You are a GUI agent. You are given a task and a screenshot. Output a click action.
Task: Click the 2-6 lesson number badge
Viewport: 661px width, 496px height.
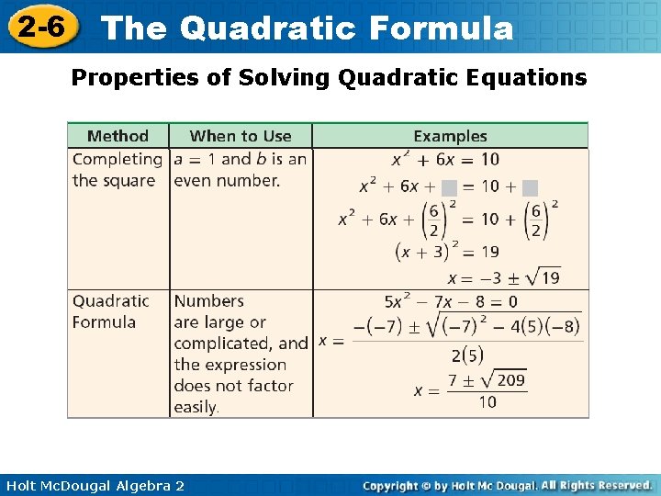[x=40, y=28]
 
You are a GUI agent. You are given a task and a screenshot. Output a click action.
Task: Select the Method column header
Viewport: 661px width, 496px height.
[x=118, y=136]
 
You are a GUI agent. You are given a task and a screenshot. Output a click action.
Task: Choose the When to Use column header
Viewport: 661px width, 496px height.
[x=241, y=136]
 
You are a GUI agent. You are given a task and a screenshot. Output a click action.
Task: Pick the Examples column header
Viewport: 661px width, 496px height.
[x=450, y=136]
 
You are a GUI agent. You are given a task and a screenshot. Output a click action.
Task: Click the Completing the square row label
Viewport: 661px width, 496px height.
[x=117, y=170]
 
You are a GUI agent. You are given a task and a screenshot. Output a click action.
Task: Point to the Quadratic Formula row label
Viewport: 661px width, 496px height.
[x=110, y=311]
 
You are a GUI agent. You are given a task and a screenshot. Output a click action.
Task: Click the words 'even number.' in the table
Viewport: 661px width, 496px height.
[x=227, y=180]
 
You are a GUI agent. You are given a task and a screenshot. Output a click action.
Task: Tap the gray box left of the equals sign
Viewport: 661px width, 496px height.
[x=449, y=187]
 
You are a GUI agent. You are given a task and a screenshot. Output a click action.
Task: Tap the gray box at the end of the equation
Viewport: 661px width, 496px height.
[x=530, y=187]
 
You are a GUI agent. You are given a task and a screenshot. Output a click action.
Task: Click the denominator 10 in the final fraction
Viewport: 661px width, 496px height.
[x=487, y=401]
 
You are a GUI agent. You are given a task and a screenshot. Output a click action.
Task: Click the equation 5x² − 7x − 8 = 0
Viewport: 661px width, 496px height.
[x=451, y=301]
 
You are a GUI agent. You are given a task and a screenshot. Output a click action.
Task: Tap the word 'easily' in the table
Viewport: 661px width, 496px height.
[x=195, y=407]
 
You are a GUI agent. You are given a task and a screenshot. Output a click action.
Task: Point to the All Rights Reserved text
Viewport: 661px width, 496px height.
[x=596, y=485]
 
